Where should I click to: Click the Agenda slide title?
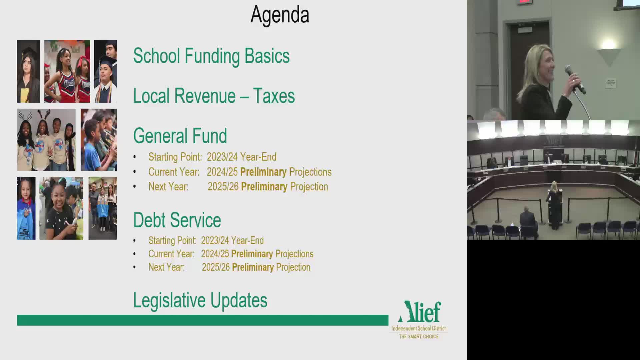(280, 15)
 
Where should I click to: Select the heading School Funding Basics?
(211, 56)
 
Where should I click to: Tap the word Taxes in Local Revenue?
(274, 96)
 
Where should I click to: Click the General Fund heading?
(180, 136)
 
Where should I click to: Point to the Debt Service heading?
(177, 220)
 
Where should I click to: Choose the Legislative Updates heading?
(200, 300)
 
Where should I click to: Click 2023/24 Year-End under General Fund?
(241, 157)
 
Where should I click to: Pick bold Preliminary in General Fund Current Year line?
(263, 172)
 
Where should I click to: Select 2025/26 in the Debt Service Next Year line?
(216, 267)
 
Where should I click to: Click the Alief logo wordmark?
(420, 312)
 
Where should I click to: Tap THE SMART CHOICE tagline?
(419, 337)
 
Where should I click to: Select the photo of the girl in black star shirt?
(61, 208)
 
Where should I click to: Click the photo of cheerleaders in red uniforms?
(67, 71)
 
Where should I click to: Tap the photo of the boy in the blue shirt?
(99, 140)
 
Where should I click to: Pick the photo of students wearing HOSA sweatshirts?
(46, 140)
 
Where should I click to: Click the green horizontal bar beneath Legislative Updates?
(203, 320)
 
